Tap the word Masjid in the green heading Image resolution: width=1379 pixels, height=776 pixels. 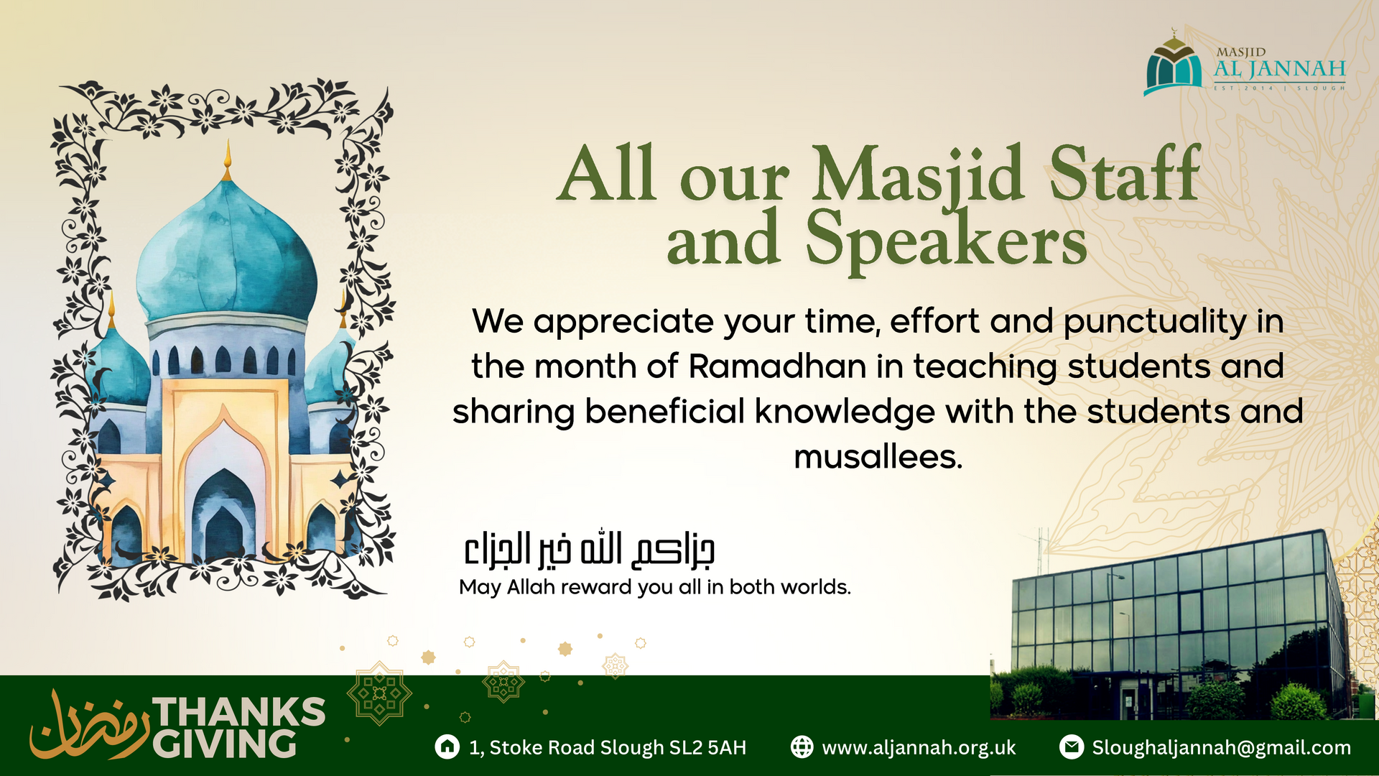pos(918,175)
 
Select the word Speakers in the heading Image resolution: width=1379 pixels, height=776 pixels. pos(946,240)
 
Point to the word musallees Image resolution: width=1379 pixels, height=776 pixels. pos(878,457)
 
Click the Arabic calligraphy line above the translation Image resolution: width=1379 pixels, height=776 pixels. pos(589,550)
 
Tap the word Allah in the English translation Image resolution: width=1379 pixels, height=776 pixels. pos(531,587)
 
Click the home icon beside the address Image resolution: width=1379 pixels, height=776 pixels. pos(447,747)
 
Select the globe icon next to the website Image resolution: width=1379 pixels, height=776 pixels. pos(802,747)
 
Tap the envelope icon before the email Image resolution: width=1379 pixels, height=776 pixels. pos(1071,747)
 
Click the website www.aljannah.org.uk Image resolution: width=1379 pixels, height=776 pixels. pos(919,748)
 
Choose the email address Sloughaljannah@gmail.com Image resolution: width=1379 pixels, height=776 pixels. pos(1221,748)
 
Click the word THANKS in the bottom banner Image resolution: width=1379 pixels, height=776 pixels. pos(240,712)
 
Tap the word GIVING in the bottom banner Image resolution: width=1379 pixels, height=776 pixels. pos(225,744)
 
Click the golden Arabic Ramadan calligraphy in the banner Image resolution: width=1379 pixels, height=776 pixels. pos(89,726)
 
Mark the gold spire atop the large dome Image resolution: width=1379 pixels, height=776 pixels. pos(228,160)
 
